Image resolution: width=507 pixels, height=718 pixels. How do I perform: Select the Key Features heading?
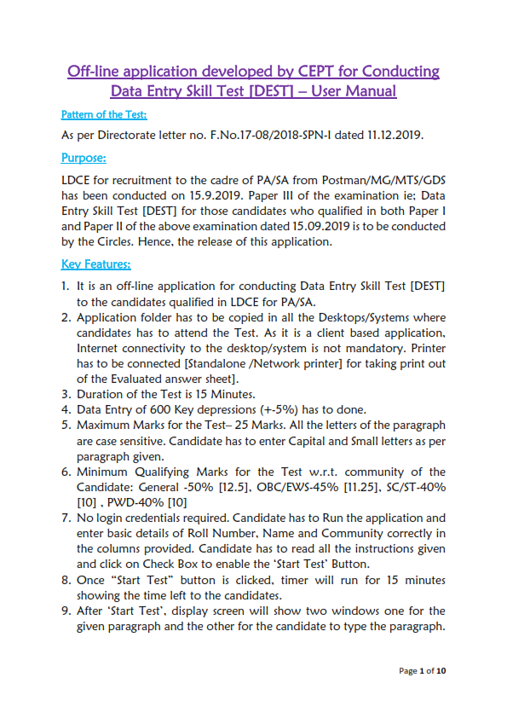tap(95, 263)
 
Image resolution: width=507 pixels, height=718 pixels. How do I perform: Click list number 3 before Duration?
tap(66, 395)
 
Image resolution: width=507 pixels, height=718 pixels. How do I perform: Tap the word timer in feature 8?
tap(297, 580)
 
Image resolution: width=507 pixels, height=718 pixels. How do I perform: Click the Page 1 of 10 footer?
tap(422, 671)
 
